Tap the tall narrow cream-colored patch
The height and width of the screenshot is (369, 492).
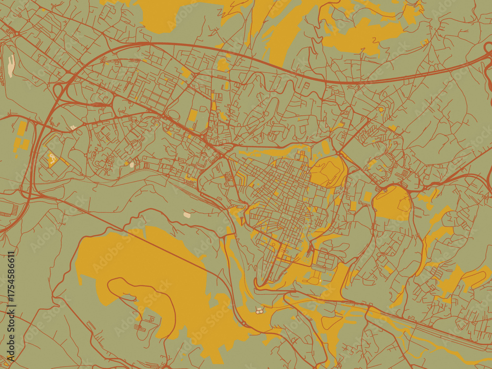coord(11,66)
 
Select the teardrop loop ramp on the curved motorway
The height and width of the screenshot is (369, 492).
coord(58,91)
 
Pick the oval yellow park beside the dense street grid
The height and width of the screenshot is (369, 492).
coord(328,172)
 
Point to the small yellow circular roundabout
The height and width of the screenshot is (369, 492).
coord(381,109)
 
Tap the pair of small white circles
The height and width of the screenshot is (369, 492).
coord(259,310)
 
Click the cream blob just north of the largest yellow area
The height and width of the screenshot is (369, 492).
coord(187,215)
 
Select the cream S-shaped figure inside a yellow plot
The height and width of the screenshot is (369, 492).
coord(52,158)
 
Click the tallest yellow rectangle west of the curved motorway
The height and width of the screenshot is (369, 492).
coord(22,129)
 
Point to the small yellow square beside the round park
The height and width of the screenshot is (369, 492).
coord(368,196)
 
